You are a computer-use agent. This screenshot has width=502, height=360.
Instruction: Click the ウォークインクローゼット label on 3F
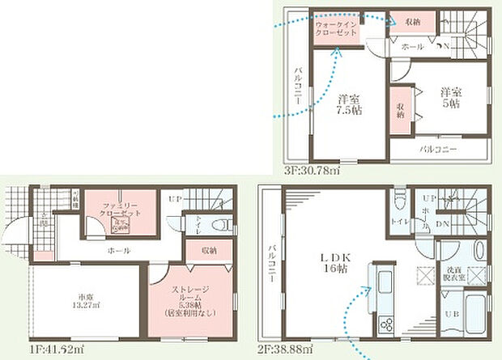[336, 30]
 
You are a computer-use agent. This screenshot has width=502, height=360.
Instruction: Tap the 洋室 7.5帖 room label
[349, 104]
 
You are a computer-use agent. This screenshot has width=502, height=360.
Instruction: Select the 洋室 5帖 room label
[451, 98]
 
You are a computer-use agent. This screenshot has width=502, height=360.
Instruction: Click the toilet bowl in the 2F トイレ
[399, 199]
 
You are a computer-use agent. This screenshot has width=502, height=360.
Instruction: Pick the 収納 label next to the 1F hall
[207, 251]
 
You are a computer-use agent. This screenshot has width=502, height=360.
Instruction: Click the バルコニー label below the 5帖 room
[437, 150]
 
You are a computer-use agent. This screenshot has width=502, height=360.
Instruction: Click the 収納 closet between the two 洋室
[401, 111]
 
